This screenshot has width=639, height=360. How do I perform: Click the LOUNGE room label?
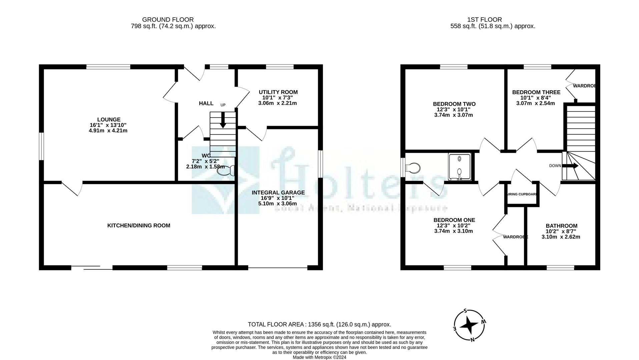[109, 119]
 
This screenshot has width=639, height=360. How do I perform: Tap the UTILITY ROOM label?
[278, 92]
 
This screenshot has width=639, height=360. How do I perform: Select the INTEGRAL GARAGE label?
[278, 192]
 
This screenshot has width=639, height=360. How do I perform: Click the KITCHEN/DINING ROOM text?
[139, 225]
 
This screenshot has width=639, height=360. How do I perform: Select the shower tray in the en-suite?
[459, 167]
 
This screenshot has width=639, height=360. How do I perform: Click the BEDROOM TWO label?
[454, 104]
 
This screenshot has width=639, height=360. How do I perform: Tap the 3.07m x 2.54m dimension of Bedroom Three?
[535, 103]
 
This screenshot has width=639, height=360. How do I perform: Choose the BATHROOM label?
[561, 226]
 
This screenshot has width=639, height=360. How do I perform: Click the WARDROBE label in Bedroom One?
[516, 237]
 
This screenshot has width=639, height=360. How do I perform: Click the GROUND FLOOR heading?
[168, 20]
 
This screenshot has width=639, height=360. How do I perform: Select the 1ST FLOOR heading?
[484, 20]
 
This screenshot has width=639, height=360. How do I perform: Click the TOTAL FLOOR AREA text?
[319, 324]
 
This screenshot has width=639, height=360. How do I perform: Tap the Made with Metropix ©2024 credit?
[319, 357]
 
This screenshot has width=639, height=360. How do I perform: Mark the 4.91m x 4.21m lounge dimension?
[108, 131]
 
